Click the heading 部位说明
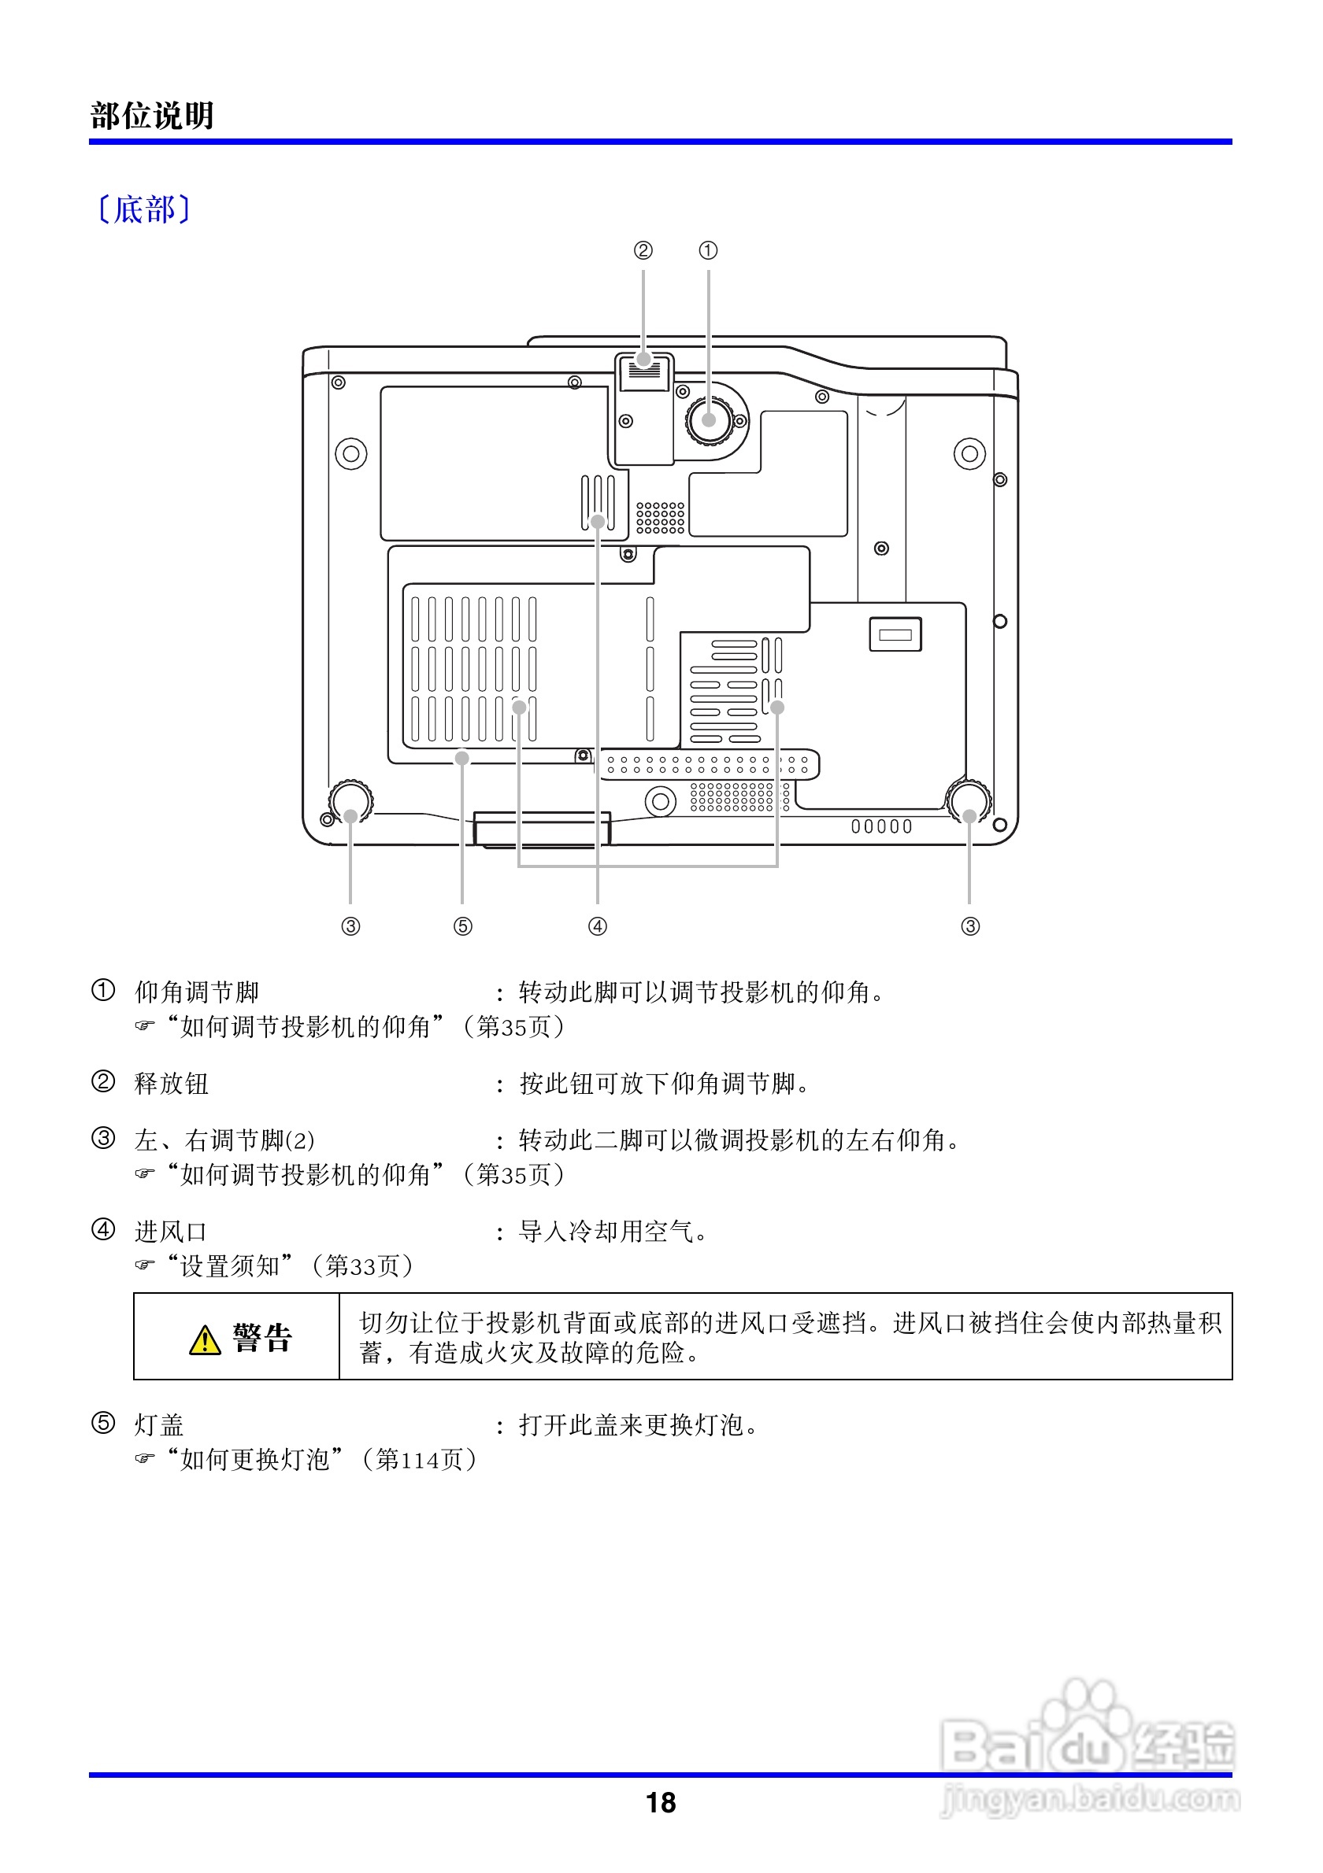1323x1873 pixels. [152, 116]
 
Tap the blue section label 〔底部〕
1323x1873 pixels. [143, 209]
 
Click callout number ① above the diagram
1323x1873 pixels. [708, 250]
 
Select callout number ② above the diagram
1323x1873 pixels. [643, 250]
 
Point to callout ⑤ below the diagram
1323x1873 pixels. [463, 926]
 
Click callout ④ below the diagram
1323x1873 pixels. [598, 926]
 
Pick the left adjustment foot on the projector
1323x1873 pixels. [351, 800]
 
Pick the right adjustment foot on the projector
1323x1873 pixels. [969, 800]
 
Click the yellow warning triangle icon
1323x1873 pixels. [205, 1339]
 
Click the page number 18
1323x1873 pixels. [660, 1802]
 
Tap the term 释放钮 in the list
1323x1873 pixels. [172, 1084]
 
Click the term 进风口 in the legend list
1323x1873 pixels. [171, 1232]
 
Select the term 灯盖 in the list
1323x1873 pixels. [159, 1425]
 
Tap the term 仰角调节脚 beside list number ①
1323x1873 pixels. [197, 992]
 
